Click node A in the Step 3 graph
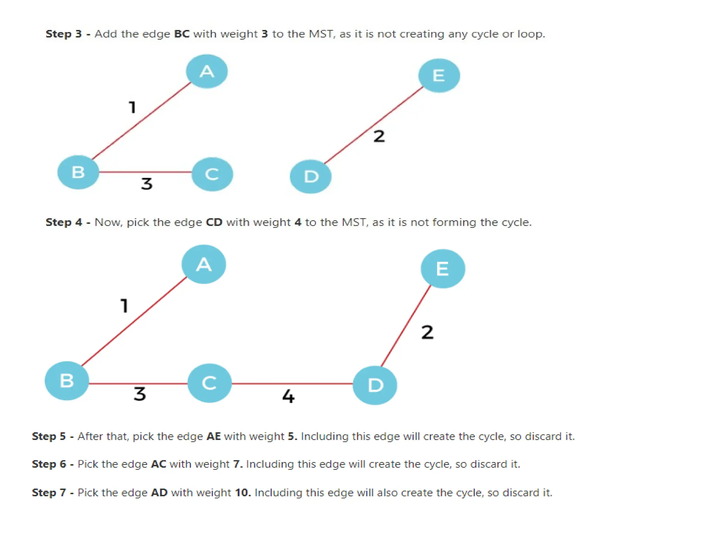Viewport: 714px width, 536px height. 207,72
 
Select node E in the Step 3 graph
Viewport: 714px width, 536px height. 439,75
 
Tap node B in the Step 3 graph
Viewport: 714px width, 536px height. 78,172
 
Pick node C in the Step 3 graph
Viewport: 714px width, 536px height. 212,174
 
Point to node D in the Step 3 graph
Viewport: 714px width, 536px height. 311,177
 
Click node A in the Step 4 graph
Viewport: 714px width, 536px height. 204,264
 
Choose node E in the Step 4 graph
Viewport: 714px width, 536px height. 443,269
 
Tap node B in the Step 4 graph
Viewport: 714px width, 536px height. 67,380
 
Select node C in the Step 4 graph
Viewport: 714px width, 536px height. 210,383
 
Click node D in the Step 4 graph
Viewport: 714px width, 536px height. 375,385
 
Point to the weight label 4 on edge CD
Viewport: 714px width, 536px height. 288,396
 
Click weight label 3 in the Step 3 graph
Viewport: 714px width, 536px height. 147,184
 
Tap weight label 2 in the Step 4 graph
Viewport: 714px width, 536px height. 427,332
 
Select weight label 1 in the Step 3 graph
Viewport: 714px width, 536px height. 132,107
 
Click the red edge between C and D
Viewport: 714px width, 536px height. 292,384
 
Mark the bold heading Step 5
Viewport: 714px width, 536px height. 49,436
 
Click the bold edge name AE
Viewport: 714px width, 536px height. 214,436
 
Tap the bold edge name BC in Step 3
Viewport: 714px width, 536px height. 182,34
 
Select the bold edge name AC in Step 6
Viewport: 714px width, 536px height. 158,464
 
